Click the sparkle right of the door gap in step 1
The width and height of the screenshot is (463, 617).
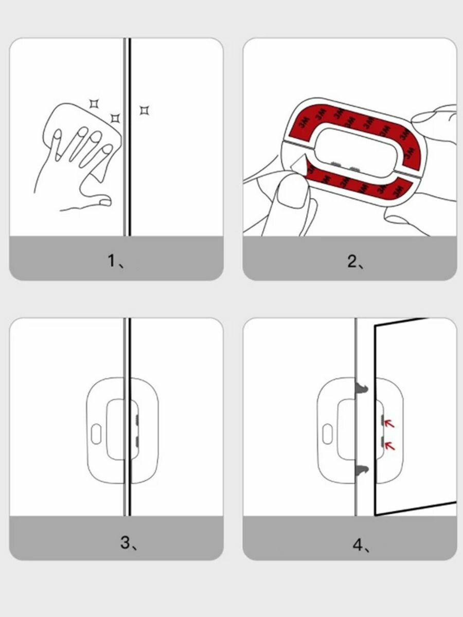(x=145, y=111)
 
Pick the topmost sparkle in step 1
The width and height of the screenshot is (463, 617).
(x=94, y=104)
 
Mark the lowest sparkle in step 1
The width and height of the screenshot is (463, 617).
(x=115, y=119)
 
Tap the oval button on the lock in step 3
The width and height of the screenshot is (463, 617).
(x=96, y=434)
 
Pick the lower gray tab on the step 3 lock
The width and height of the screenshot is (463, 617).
(x=137, y=442)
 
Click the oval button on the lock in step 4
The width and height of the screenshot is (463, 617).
(x=327, y=434)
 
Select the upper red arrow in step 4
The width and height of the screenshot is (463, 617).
(x=389, y=423)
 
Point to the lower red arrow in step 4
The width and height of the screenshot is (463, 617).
(x=389, y=446)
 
